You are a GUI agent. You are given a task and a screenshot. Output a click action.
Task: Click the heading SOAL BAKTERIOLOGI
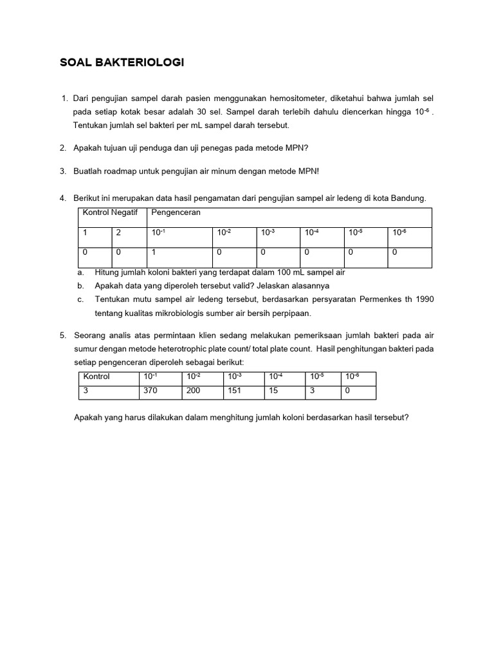pos(122,62)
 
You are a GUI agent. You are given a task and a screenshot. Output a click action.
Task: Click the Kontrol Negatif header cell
pos(111,212)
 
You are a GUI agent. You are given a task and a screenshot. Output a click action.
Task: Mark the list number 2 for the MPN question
pos(63,148)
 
